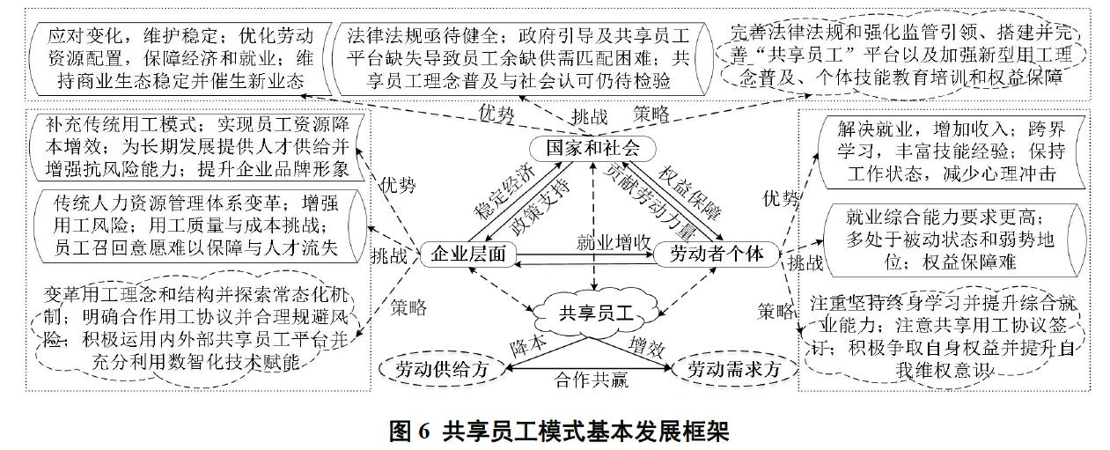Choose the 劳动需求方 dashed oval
pos(735,369)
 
